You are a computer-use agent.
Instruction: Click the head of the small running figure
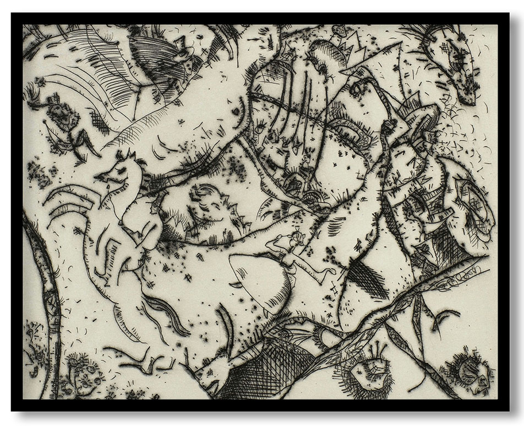[x=298, y=238]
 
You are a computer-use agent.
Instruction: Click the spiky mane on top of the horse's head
[x=130, y=157]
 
